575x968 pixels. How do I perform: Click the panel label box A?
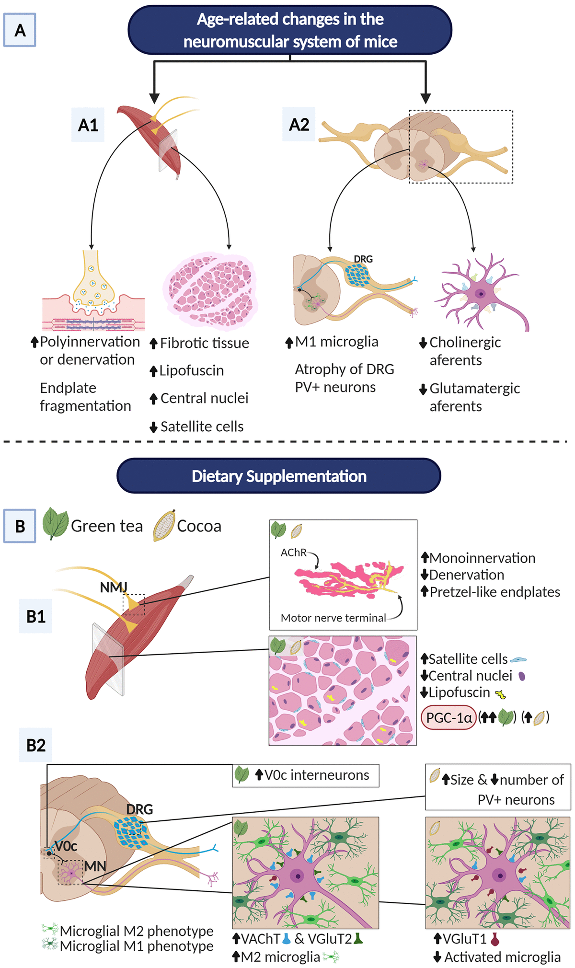(x=20, y=30)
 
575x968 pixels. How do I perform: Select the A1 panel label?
(x=88, y=125)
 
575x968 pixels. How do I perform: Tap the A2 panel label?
(x=299, y=125)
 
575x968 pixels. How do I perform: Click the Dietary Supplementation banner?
(x=279, y=476)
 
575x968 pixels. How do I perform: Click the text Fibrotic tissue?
(x=204, y=343)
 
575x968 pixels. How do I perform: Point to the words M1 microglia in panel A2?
(x=336, y=342)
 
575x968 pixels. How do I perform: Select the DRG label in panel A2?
(x=363, y=259)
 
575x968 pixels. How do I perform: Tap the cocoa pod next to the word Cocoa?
(x=163, y=526)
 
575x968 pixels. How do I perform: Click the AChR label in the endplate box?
(x=293, y=553)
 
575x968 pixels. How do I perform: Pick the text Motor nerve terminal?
(x=333, y=618)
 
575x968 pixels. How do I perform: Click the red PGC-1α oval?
(x=448, y=717)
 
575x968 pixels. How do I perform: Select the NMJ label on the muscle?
(x=114, y=587)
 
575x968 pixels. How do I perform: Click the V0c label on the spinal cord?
(x=66, y=846)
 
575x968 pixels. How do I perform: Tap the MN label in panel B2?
(x=95, y=866)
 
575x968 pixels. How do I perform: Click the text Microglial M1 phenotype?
(x=136, y=946)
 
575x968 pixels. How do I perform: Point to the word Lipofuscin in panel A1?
(x=191, y=370)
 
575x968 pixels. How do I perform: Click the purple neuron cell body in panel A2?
(x=480, y=293)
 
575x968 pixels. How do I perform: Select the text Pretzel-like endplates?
(x=494, y=592)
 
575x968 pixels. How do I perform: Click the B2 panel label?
(x=35, y=745)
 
